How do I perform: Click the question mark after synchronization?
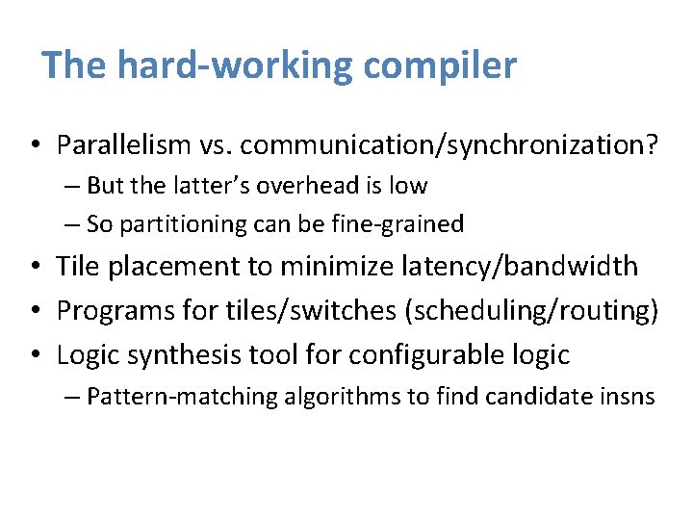(x=653, y=145)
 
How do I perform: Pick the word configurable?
(x=429, y=354)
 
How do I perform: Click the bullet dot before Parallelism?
(x=34, y=146)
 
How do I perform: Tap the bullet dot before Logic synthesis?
(x=34, y=355)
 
